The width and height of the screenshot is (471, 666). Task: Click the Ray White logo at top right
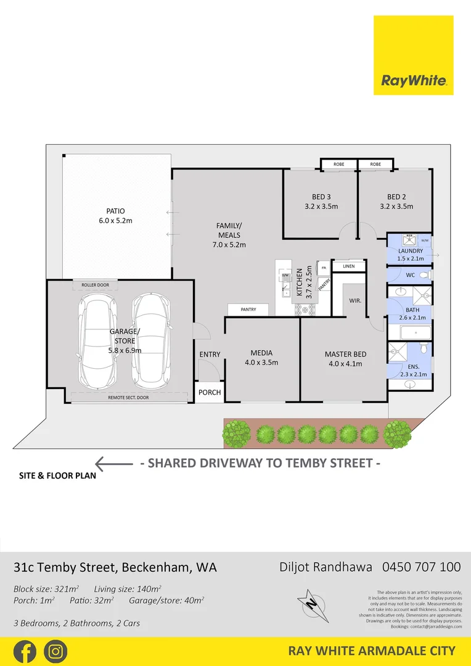point(413,55)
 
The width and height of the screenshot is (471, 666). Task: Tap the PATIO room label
point(115,211)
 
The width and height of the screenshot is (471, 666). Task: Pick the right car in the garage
point(150,339)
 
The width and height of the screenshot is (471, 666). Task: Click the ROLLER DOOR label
point(95,285)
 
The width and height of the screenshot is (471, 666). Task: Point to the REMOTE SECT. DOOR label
point(128,398)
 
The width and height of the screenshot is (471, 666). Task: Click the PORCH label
point(210,392)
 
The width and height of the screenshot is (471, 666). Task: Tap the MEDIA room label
point(261,353)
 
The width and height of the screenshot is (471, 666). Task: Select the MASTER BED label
point(345,354)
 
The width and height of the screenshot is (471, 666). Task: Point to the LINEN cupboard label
point(348,266)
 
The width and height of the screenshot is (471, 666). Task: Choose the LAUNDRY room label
point(411,251)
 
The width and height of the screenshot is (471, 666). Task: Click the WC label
point(411,275)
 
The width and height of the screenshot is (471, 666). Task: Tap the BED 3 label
point(321,197)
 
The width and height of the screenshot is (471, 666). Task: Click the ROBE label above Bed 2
point(375,165)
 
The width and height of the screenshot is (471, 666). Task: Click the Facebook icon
point(24,651)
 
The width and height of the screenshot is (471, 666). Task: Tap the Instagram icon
point(55,651)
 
